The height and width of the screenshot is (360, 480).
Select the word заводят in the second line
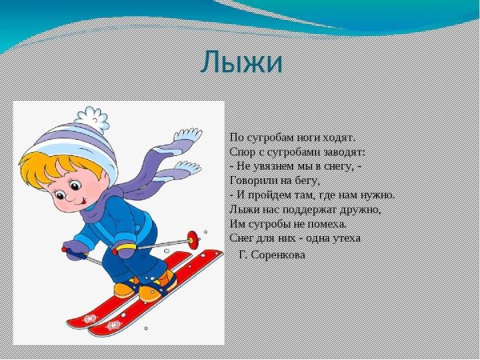click(x=344, y=151)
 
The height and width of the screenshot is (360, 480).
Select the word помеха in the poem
click(x=322, y=223)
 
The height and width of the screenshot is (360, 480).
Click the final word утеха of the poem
click(x=343, y=238)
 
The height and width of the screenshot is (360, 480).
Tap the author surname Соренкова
click(x=277, y=254)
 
